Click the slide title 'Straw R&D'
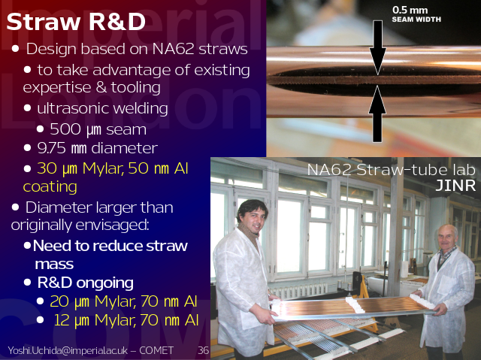[x=76, y=22]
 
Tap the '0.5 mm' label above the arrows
[x=410, y=10]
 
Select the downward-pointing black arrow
[x=377, y=47]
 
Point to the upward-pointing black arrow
[x=377, y=113]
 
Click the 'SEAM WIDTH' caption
[x=416, y=20]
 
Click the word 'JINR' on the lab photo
[x=455, y=185]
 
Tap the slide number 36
[x=203, y=350]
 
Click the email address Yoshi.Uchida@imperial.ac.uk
[x=68, y=350]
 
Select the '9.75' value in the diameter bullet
[x=52, y=148]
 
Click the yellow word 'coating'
[x=50, y=186]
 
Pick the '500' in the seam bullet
[x=65, y=129]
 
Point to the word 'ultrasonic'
[x=72, y=108]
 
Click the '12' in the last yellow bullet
[x=62, y=320]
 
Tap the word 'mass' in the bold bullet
[x=54, y=265]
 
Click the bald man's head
[x=446, y=237]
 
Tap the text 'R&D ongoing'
[x=85, y=283]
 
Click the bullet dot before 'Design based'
[x=15, y=48]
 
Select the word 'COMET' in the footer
[x=156, y=350]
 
